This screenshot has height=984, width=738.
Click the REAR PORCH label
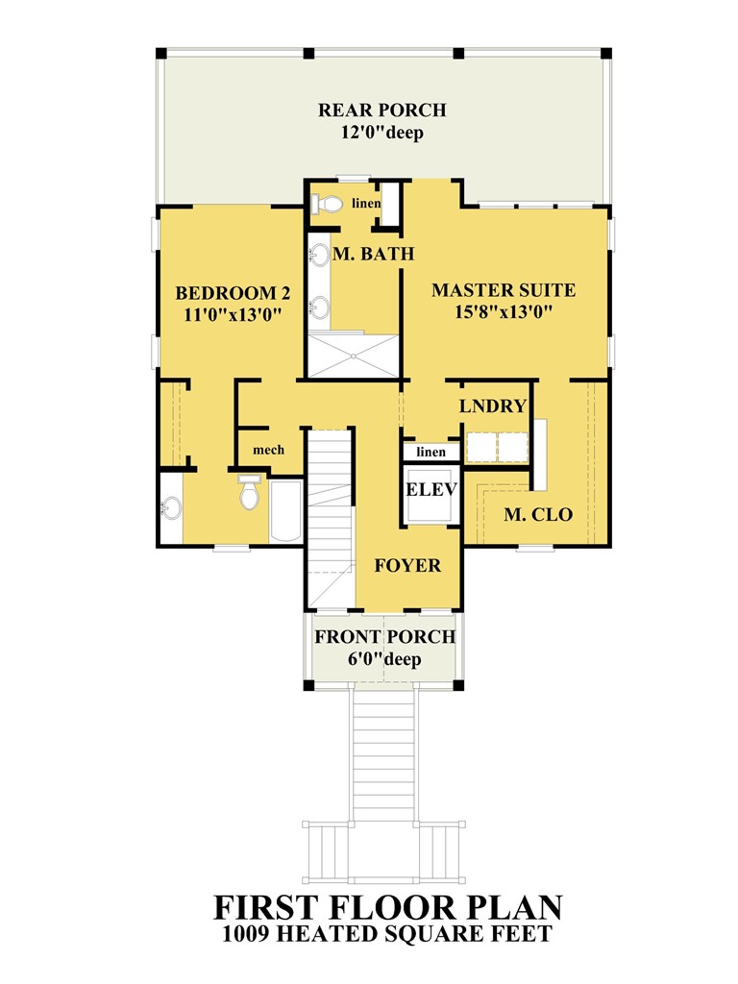382,110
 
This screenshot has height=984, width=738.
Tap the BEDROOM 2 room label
233,293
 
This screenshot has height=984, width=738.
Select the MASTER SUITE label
504,290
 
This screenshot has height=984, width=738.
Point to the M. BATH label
374,254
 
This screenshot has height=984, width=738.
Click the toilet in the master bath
327,204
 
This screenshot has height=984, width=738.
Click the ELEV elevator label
431,489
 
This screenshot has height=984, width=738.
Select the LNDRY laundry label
493,406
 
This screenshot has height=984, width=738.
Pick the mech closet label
269,450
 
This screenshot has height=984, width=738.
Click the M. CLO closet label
538,515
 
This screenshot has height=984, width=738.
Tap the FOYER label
407,565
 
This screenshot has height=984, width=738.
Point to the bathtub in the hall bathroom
285,511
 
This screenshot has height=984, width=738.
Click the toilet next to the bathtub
249,491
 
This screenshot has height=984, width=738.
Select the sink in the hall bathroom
171,507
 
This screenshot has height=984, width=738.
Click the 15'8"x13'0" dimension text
504,312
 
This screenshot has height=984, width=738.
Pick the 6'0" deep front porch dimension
384,659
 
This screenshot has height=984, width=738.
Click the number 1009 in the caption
246,934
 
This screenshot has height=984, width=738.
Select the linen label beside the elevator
431,452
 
